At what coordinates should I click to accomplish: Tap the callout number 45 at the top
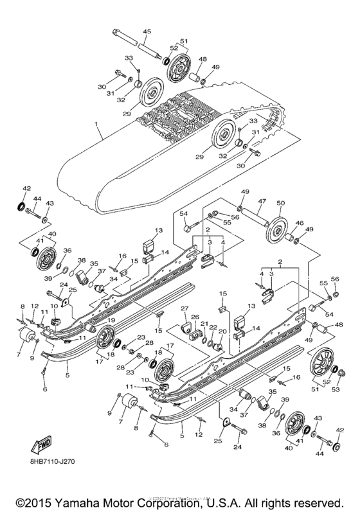[147, 31]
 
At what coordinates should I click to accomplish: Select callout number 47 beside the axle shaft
[262, 202]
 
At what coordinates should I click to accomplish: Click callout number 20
[222, 332]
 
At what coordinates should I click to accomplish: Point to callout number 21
[203, 324]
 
